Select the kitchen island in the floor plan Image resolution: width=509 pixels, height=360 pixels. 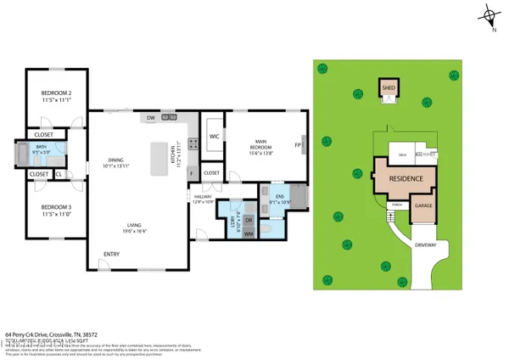coord(159,159)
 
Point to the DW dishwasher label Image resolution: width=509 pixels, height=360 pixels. coord(150,117)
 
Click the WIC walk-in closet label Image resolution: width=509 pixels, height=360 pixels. coord(215,136)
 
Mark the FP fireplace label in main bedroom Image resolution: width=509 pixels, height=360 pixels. coord(298,144)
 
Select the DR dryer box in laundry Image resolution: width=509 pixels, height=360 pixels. coord(249,219)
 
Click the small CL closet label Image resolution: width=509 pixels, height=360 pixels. coord(59,174)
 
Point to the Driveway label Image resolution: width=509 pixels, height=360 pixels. coord(425,245)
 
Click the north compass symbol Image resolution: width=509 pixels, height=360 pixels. coord(489,15)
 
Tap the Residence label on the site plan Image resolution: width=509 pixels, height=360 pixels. coord(405,180)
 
